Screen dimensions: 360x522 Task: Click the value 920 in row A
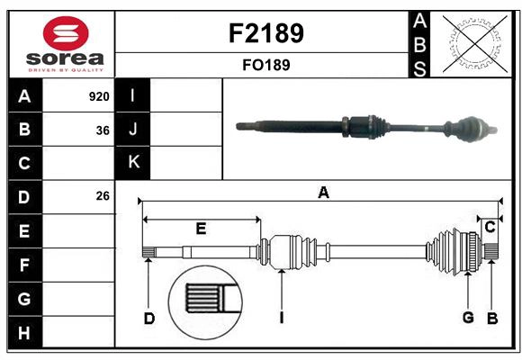(99, 96)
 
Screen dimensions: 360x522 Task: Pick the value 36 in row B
(103, 130)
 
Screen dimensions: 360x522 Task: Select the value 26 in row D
(103, 196)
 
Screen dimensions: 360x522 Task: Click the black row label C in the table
(24, 163)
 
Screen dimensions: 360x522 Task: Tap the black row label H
(24, 332)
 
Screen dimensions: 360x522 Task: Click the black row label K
(133, 163)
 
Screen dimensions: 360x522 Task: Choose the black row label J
(133, 130)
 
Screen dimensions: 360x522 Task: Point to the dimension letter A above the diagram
(323, 192)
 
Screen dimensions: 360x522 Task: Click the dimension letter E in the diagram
(201, 229)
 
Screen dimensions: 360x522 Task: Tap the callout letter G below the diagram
(468, 317)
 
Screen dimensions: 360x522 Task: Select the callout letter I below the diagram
(282, 317)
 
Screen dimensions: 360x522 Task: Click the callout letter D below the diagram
(149, 317)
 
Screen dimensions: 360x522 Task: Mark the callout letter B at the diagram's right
(492, 317)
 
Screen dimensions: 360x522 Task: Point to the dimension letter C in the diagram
(490, 228)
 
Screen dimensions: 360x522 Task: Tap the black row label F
(24, 265)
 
